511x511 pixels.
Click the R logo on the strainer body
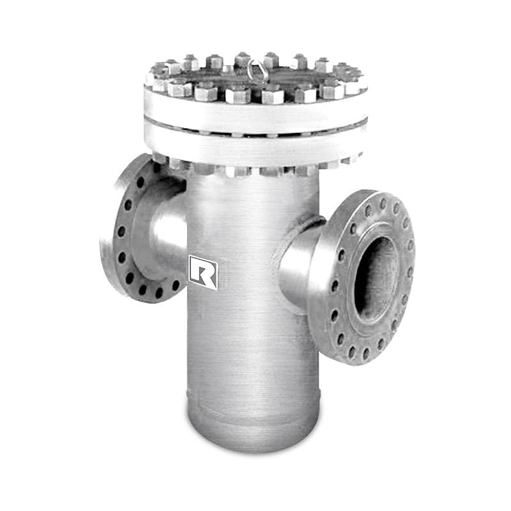(202, 273)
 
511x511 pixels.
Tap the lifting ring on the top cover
(255, 70)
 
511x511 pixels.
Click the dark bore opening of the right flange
(376, 279)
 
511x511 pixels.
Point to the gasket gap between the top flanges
(256, 130)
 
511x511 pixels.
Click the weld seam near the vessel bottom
(253, 408)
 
